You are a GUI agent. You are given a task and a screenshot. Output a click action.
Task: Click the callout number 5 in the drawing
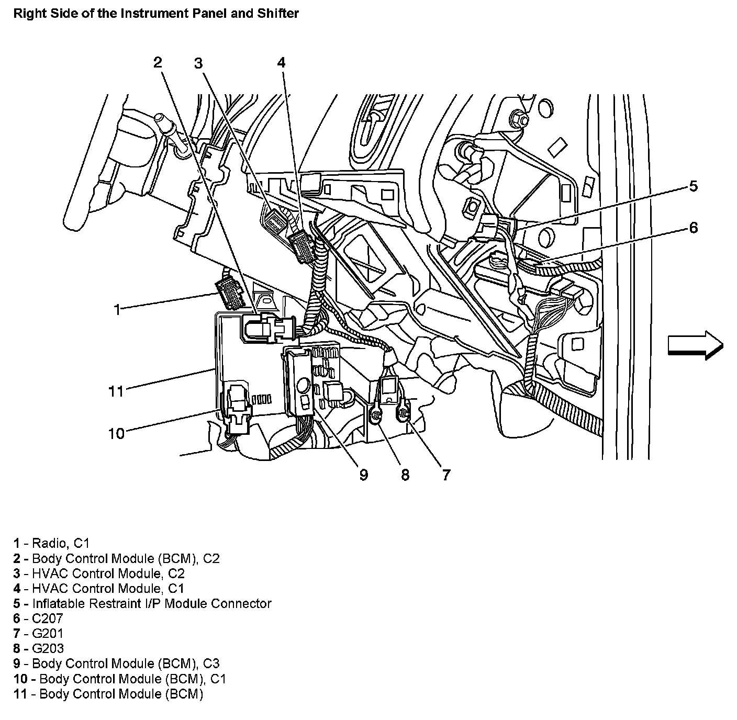coord(693,186)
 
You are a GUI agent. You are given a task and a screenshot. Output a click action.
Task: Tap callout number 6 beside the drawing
coord(693,228)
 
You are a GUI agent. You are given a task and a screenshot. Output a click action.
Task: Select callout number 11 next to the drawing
coord(116,391)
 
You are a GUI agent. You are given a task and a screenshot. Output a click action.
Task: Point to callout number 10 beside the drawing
coord(116,433)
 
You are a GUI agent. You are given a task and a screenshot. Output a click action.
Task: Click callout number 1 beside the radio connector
coord(117,309)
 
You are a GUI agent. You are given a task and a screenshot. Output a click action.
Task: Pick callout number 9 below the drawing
coord(364,475)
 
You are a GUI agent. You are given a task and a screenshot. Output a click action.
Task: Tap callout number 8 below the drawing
coord(405,475)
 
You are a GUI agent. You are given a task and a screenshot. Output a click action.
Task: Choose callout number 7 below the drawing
coord(446,475)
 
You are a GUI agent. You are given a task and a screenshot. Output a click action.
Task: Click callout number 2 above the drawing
coord(158,63)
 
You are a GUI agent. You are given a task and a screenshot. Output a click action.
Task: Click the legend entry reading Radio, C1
coord(55,543)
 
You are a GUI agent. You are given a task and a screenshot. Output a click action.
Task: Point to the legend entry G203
coord(39,649)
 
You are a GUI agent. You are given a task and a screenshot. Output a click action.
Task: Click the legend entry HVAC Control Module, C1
coord(99,588)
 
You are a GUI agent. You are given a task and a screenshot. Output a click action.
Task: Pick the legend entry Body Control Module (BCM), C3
coord(117,663)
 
